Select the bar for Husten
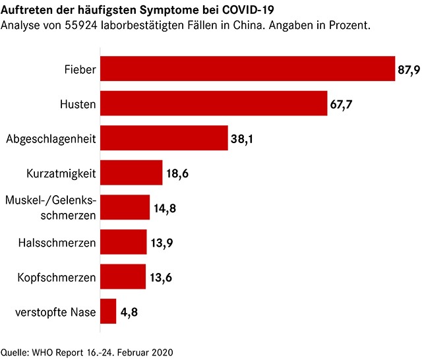[x=214, y=104]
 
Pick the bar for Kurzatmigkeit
[x=131, y=173]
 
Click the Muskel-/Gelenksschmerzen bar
[x=125, y=207]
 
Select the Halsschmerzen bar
[x=123, y=242]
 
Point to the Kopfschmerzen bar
[x=123, y=276]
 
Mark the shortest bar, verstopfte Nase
[x=108, y=311]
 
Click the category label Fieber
[x=80, y=69]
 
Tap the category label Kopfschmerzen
[x=57, y=277]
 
